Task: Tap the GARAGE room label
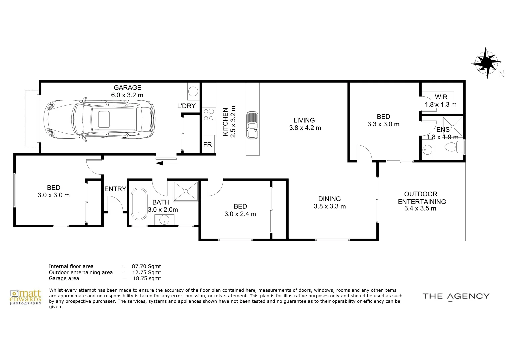click(x=127, y=88)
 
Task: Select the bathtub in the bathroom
click(x=139, y=204)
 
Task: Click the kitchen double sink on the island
click(x=252, y=125)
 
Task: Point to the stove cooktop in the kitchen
click(x=209, y=115)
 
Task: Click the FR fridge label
click(x=207, y=145)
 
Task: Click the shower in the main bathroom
click(x=186, y=191)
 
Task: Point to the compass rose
click(x=487, y=62)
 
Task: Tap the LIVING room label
click(x=304, y=120)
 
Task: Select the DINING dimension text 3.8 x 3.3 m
click(x=330, y=206)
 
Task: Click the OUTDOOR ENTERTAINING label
click(x=421, y=198)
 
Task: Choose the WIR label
click(x=441, y=97)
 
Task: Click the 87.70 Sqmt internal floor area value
click(x=146, y=266)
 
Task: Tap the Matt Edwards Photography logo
click(x=26, y=297)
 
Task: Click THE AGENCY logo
click(x=456, y=296)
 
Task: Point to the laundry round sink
click(x=193, y=91)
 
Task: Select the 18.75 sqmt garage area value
click(x=147, y=278)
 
